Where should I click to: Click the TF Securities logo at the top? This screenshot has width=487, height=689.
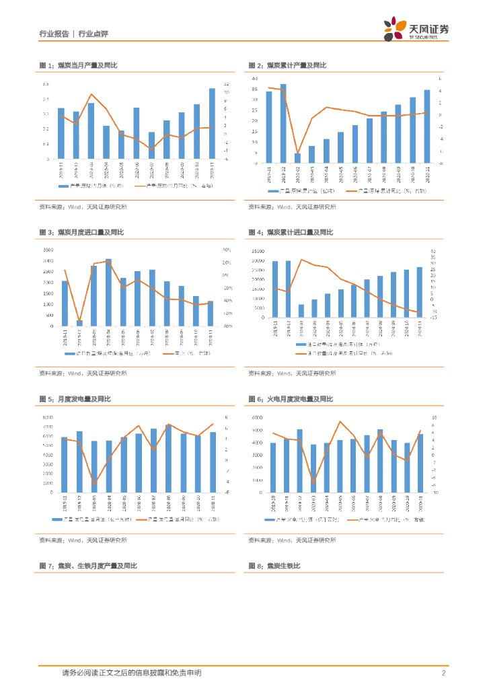(416, 29)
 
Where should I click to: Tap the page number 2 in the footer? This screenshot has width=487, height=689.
(444, 673)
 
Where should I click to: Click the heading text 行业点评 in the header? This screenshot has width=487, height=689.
(93, 34)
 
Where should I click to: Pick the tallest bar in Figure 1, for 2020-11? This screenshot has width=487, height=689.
(212, 124)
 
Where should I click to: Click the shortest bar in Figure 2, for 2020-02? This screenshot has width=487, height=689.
(297, 158)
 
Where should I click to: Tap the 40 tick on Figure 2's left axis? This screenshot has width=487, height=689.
(254, 79)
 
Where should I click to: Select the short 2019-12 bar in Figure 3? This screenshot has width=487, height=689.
(79, 323)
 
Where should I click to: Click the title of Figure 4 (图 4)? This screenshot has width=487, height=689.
(291, 233)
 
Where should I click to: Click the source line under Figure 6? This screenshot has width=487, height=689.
(292, 540)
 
